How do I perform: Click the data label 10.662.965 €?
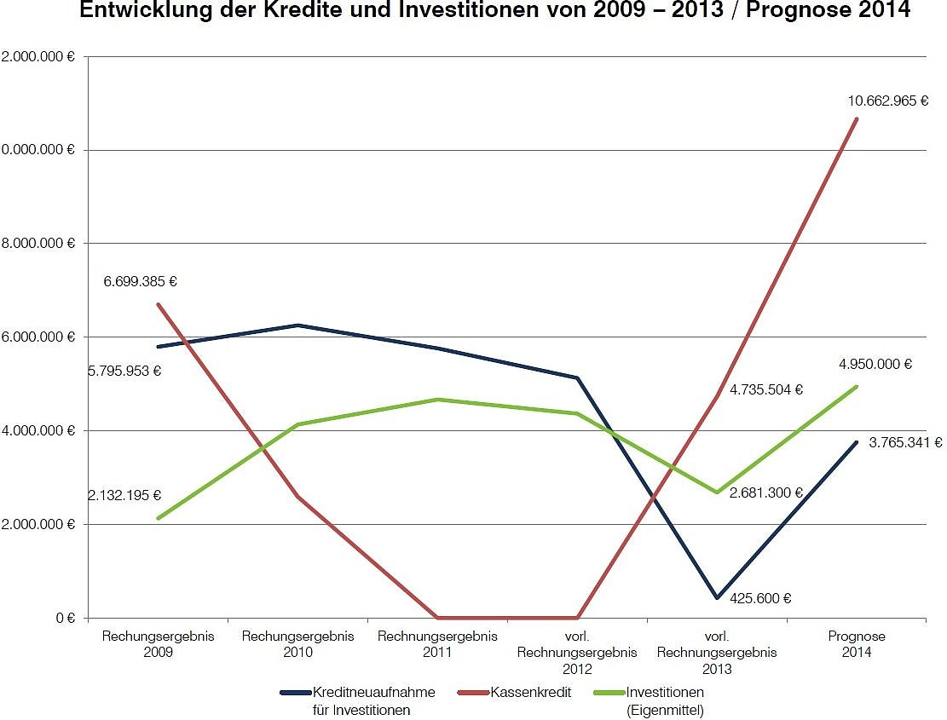(887, 101)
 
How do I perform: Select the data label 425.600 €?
(760, 598)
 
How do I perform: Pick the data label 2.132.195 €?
(124, 495)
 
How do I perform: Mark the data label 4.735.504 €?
(766, 390)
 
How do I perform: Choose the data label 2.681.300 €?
(766, 492)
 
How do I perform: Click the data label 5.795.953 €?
(124, 372)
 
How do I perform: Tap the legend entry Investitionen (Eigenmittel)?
(664, 700)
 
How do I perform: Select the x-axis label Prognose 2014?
(856, 644)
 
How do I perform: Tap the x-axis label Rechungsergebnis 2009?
(158, 644)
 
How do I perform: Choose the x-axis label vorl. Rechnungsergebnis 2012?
(577, 653)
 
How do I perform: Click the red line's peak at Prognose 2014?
(857, 118)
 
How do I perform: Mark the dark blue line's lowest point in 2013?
(717, 597)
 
